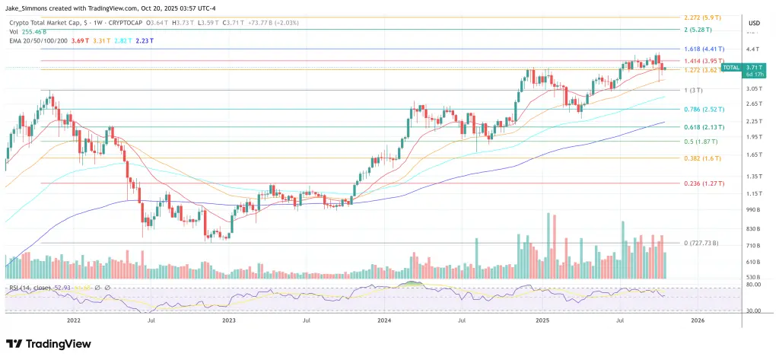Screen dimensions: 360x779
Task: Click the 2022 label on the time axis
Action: [x=74, y=320]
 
